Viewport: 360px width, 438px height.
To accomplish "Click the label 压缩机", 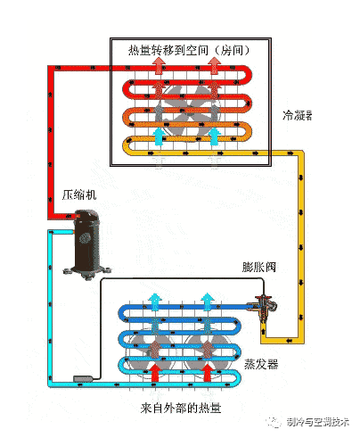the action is [79, 195].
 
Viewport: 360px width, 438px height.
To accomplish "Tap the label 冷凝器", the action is [298, 115].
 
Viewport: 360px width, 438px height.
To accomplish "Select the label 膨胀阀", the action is [259, 267].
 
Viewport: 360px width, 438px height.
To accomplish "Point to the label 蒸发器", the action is [261, 364].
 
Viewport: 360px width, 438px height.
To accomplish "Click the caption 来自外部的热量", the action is [181, 408].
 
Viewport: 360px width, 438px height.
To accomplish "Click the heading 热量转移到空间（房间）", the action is [190, 50].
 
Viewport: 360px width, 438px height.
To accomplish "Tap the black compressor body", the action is [86, 240].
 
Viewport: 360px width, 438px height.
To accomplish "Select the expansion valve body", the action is [263, 306].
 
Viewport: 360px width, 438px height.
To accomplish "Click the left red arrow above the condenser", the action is [160, 65].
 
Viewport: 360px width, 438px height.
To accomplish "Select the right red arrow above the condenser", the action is [214, 65].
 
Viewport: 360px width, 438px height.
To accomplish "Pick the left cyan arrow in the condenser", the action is [159, 136].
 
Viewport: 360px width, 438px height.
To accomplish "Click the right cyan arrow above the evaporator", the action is [207, 302].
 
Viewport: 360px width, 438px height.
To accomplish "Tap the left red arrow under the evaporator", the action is [155, 372].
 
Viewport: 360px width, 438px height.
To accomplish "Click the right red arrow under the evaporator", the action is [207, 372].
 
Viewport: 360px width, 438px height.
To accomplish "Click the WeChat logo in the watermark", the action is [274, 422].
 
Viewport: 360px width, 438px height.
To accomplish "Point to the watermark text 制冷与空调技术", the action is [318, 422].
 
